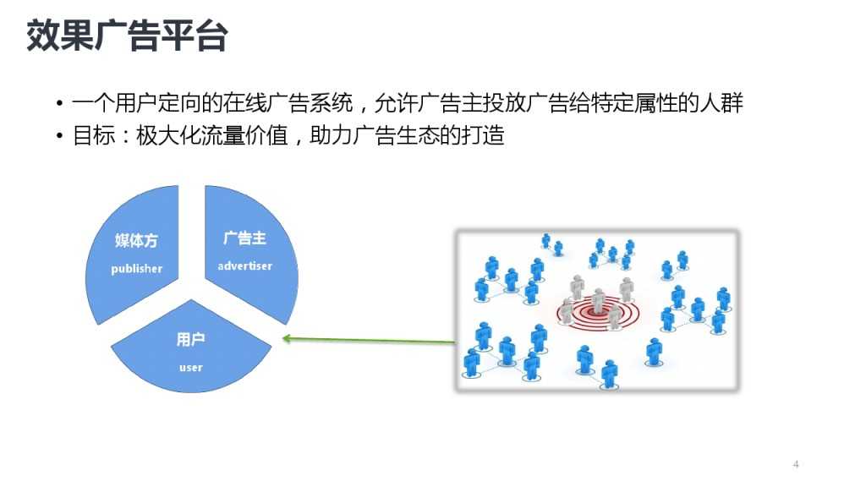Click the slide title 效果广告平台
coord(127,36)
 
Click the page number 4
coord(796,463)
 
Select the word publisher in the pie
coord(137,269)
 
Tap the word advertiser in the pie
coord(244,265)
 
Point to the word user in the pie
coord(191,368)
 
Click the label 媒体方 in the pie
coord(136,241)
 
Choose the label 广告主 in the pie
coord(244,238)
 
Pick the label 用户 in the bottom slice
coord(191,340)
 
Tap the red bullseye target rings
coord(597,315)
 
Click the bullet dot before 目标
coord(60,136)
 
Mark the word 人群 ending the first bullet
coord(722,104)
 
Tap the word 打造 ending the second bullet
coord(483,135)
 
